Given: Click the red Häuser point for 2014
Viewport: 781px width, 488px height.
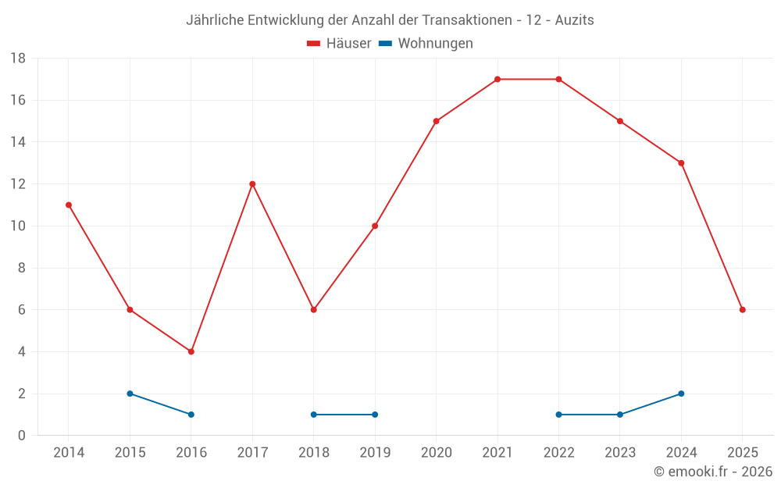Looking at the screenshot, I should pyautogui.click(x=69, y=205).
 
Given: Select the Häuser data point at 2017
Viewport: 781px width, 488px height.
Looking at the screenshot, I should pyautogui.click(x=252, y=184).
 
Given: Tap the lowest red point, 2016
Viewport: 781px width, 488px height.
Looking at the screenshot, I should pyautogui.click(x=191, y=351).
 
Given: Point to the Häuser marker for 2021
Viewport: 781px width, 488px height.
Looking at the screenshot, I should pyautogui.click(x=497, y=79).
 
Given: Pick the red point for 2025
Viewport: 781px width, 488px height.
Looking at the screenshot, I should pyautogui.click(x=742, y=310).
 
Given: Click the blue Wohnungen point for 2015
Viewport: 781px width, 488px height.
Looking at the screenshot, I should pyautogui.click(x=130, y=394).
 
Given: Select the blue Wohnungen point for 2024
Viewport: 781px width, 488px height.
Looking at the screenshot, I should pyautogui.click(x=681, y=394).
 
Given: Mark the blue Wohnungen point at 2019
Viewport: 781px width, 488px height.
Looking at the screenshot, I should pyautogui.click(x=375, y=415).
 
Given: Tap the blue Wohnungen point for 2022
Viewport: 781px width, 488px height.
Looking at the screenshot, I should pyautogui.click(x=558, y=415).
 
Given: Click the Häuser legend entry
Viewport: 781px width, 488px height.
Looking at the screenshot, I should pyautogui.click(x=340, y=44).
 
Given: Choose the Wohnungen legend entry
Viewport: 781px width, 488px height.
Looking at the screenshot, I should pyautogui.click(x=426, y=44).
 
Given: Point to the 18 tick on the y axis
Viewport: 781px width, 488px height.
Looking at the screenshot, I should pyautogui.click(x=18, y=59).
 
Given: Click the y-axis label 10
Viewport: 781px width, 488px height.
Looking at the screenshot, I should pyautogui.click(x=18, y=226).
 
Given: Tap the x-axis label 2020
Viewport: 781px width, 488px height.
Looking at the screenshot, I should pyautogui.click(x=436, y=453).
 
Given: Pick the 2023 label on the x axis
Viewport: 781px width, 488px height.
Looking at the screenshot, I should pyautogui.click(x=620, y=453).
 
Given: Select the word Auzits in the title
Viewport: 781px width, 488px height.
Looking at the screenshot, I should pyautogui.click(x=575, y=20).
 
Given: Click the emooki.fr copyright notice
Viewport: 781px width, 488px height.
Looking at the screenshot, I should pyautogui.click(x=713, y=472).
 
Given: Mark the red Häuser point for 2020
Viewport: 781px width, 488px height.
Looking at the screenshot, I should pyautogui.click(x=436, y=121).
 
